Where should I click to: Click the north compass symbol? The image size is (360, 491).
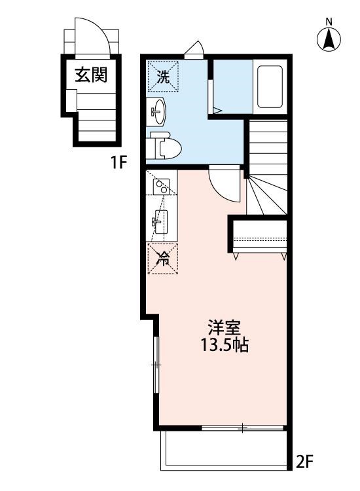[329, 39]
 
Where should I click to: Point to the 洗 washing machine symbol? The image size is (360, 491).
[161, 76]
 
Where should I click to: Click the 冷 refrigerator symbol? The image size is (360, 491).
[161, 257]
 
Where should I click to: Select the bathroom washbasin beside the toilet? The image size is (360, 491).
[159, 112]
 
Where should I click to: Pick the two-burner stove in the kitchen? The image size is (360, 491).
[161, 187]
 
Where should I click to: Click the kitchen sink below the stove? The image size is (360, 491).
[160, 221]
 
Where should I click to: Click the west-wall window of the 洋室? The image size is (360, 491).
[155, 364]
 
